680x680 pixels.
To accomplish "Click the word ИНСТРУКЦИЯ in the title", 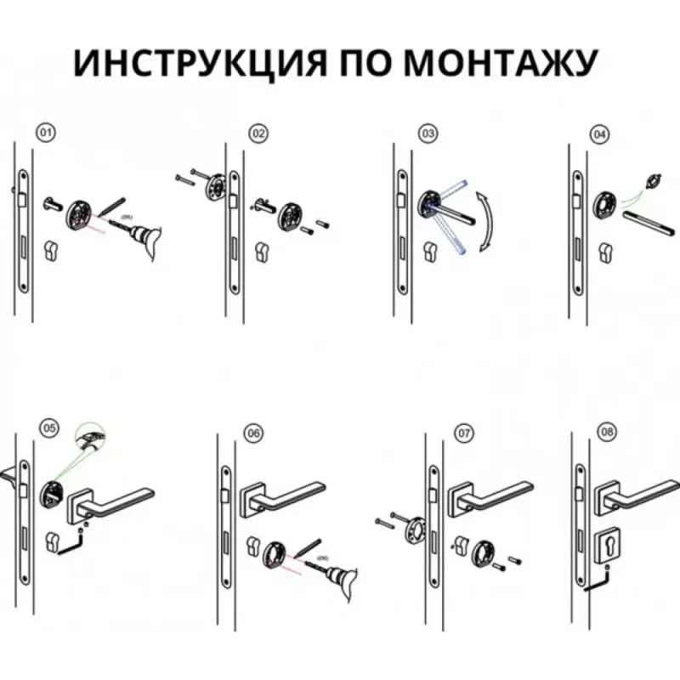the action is tap(199, 63).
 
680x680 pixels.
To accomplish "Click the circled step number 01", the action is tap(46, 133).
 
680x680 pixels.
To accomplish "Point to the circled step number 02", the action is tap(258, 133).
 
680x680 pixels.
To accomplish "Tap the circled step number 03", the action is tap(428, 133).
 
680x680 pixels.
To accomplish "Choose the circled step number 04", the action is tap(599, 135).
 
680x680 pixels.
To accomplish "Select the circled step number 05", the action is tap(49, 428).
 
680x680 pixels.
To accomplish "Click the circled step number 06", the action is tap(253, 433).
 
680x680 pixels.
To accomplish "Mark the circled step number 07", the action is tap(464, 433).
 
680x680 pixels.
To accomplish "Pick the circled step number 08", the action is tap(607, 432).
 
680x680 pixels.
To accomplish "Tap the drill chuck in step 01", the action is tap(141, 235).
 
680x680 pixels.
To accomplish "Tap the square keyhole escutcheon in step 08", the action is tap(607, 546).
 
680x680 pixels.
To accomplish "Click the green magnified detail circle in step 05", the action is tap(90, 437).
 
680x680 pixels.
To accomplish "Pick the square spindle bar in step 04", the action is tap(648, 224).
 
